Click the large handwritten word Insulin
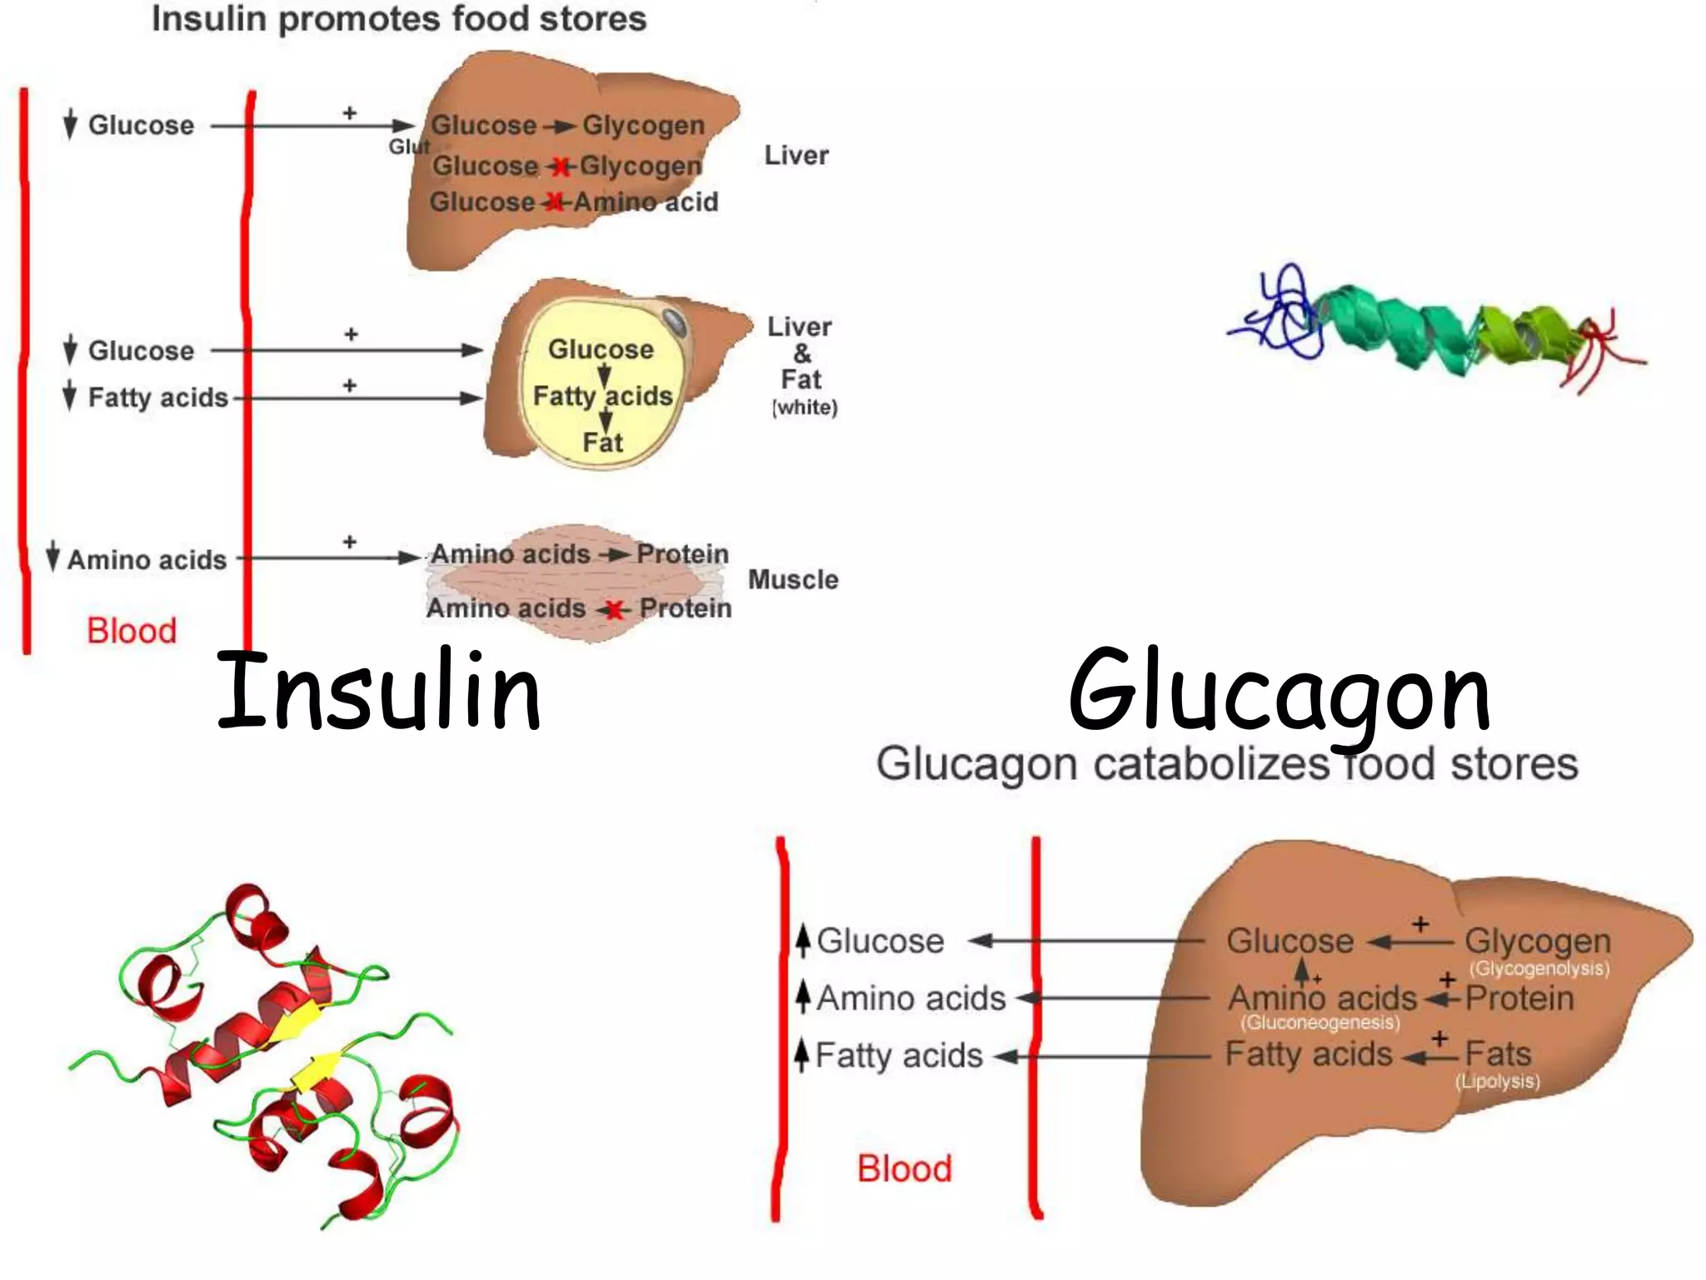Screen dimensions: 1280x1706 (379, 690)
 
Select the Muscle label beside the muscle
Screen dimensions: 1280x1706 (793, 580)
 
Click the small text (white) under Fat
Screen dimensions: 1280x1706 (805, 407)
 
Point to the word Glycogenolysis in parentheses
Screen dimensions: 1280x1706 (1539, 968)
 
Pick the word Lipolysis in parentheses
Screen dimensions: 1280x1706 (1498, 1081)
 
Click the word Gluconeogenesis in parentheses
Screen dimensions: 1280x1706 (1319, 1022)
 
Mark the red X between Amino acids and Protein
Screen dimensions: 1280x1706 (615, 610)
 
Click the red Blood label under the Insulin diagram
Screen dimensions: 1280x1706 (132, 631)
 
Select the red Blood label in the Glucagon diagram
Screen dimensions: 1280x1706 (905, 1168)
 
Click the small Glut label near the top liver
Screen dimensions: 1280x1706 (409, 147)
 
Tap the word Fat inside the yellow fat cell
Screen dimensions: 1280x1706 (602, 442)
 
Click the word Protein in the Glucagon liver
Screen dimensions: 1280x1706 (1519, 998)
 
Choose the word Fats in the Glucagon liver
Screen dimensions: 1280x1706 (1498, 1054)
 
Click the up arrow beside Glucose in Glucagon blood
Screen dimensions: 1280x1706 (803, 940)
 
